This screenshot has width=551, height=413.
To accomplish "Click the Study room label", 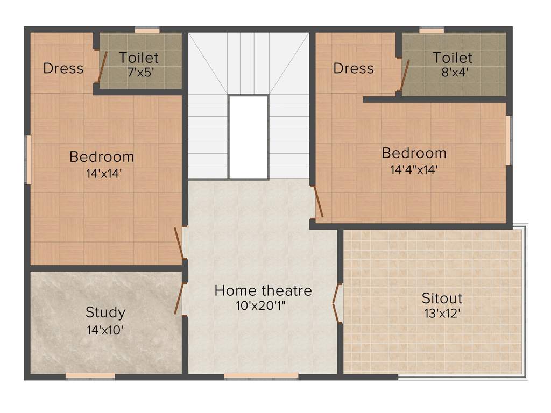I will coord(105,312).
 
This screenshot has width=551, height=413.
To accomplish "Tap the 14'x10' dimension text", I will coord(105,330).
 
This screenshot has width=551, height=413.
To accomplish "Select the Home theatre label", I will coord(263,291).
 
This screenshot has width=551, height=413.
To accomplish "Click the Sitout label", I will coord(442,298).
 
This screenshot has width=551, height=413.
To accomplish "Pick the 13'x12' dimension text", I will coord(442,313).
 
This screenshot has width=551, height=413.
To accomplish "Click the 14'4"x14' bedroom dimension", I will coord(414,170).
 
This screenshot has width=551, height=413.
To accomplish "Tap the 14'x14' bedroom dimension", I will coord(102,173).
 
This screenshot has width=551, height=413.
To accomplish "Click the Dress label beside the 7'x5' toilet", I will coord(63,69).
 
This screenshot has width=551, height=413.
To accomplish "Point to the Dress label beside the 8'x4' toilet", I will coord(353,69).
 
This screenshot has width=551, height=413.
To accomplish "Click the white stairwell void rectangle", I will coord(248,137).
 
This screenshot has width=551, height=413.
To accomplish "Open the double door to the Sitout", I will coord(337,304).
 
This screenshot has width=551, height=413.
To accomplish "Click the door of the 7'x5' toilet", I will coord(102,67).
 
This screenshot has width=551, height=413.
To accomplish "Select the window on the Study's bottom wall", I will coord(90,376).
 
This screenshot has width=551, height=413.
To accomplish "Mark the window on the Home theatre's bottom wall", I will coord(261,376).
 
